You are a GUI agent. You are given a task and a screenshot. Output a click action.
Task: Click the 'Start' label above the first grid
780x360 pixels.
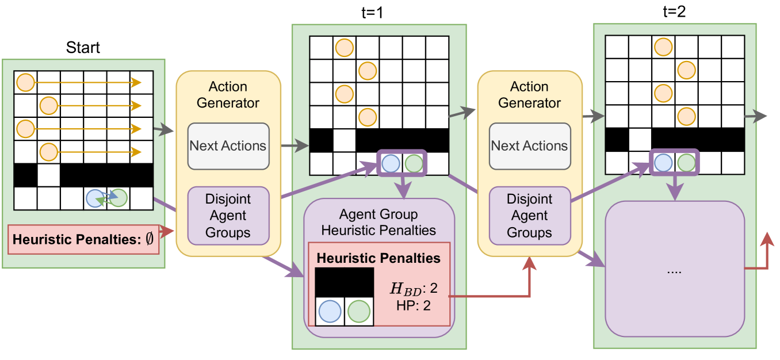pos(83,47)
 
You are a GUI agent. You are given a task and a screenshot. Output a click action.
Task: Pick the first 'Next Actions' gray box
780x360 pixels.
pos(228,146)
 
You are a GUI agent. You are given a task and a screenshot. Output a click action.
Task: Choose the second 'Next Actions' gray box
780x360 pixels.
pos(529,146)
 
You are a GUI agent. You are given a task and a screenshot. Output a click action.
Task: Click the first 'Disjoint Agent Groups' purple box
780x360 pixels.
pos(228,216)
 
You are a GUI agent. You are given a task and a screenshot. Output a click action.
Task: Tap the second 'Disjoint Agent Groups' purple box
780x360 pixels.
pos(529,216)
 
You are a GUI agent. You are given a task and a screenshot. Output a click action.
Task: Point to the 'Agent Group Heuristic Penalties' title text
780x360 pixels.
pos(378,223)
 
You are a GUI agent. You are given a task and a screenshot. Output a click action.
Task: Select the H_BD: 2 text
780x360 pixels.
pos(414,286)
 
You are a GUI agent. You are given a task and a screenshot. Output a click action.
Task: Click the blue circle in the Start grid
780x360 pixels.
pos(94,198)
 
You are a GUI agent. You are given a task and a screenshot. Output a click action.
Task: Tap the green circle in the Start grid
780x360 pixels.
pos(118,198)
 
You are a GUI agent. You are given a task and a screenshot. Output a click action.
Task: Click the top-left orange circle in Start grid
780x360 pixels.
pos(25,82)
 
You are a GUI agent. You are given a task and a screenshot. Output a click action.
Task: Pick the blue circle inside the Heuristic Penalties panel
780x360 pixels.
pos(330,311)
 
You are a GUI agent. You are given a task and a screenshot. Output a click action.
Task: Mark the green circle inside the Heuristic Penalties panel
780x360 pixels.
pos(359,311)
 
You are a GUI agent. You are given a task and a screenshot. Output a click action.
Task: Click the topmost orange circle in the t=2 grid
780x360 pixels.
pos(663,47)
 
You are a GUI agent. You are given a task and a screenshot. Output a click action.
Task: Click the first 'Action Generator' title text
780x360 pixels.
pos(228,95)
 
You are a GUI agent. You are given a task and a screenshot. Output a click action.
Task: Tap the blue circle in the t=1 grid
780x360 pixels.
pos(391,163)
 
